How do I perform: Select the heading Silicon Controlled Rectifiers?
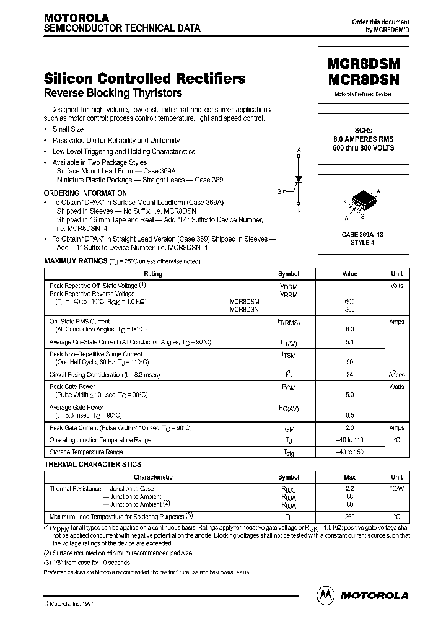145,79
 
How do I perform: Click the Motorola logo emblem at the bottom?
325,595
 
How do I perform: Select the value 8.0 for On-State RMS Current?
349,330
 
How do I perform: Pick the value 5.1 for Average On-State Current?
349,341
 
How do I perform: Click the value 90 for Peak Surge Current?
349,362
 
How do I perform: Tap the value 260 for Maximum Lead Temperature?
349,516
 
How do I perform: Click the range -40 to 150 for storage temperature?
349,452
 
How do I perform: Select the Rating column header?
153,274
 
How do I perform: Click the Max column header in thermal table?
349,477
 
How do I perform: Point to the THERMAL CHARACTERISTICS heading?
93,464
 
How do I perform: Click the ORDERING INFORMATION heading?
85,193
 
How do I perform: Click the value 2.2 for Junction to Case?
349,488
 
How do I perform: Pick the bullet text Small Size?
68,129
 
